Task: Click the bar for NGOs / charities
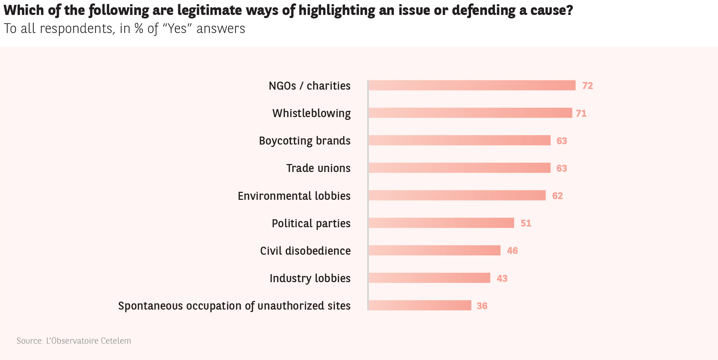click(472, 85)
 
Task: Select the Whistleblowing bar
click(470, 113)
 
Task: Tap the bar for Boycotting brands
click(459, 140)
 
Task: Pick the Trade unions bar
click(459, 168)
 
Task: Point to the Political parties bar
click(441, 223)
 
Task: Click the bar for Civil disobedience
click(434, 251)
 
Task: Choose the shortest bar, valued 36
click(420, 305)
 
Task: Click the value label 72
click(587, 85)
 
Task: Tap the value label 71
click(581, 113)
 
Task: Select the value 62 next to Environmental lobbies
click(558, 196)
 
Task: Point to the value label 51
click(526, 223)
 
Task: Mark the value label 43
click(502, 278)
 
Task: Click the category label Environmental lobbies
click(294, 196)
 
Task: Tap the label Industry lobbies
click(310, 278)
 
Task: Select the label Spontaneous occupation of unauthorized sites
click(234, 306)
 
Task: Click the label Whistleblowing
click(311, 113)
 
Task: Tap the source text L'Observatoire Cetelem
click(89, 341)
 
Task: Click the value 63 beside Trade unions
click(562, 168)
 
